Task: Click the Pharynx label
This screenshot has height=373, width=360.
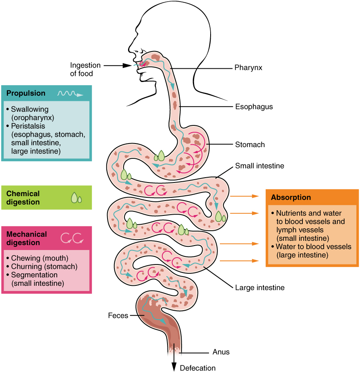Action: tap(248, 68)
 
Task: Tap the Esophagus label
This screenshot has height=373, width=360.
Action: tap(254, 107)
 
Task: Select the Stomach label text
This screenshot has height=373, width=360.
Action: tap(250, 144)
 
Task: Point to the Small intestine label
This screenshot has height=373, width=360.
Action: tap(260, 166)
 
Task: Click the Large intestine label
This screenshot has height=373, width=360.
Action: tap(260, 288)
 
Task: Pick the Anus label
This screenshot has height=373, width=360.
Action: tap(221, 352)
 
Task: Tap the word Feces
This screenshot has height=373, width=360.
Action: tap(118, 316)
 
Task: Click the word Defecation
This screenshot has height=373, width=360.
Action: tap(198, 368)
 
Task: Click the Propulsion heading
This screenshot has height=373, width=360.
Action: tap(26, 93)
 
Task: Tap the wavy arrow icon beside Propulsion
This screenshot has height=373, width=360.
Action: tap(70, 94)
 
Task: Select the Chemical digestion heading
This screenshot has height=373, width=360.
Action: tap(23, 198)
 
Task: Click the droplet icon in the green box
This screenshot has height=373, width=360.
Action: tap(76, 197)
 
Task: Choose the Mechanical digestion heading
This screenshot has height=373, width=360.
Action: tap(27, 238)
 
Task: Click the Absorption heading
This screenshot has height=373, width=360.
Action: tap(291, 197)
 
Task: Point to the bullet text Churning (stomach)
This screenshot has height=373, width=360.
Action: tap(44, 266)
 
